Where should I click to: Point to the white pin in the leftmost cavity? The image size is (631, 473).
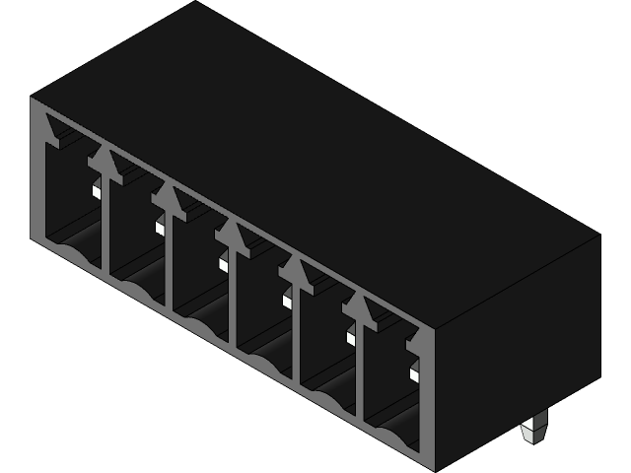98,191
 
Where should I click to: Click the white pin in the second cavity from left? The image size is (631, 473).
160,228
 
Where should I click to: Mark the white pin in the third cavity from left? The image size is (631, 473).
224,264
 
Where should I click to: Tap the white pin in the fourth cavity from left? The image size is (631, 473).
288,301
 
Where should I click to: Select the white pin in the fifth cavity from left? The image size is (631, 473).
351,338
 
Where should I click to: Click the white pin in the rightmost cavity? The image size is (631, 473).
414,374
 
